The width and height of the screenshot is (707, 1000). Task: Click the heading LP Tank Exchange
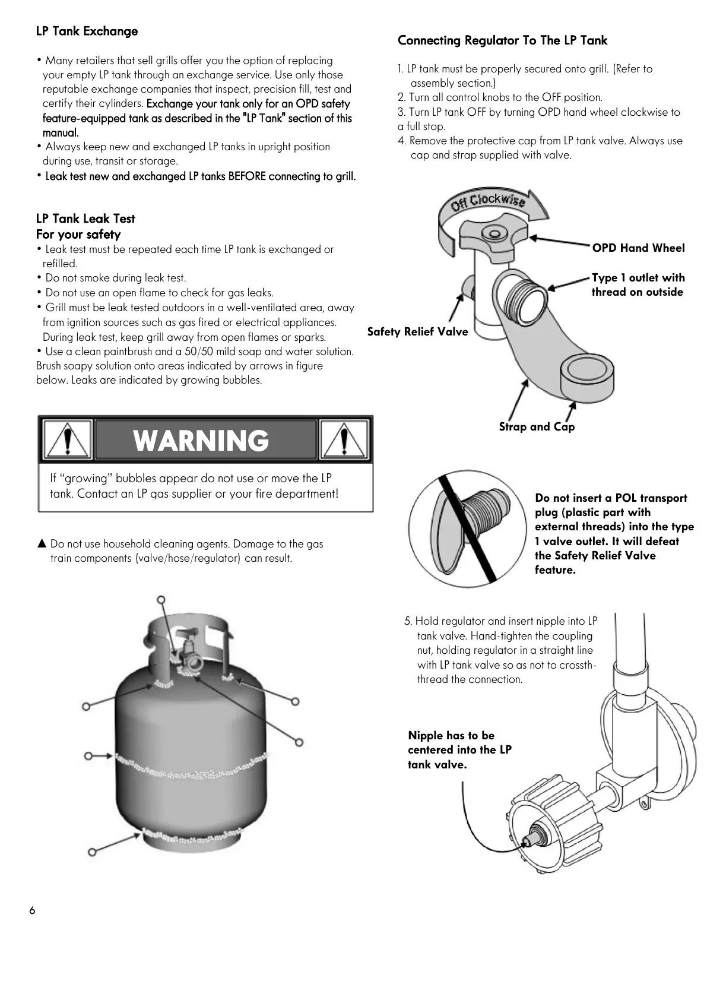pos(87,31)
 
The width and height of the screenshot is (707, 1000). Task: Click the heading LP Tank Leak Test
pos(85,219)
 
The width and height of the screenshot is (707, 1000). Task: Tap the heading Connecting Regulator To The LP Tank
pos(502,40)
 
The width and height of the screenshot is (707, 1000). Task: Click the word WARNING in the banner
pos(201,441)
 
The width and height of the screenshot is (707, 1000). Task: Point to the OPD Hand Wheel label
pos(638,248)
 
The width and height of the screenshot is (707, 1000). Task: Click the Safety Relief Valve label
pos(417,332)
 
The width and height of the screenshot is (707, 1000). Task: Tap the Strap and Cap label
pos(537,427)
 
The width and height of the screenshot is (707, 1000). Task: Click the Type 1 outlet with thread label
pos(638,285)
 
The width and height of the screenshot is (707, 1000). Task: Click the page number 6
pos(32,911)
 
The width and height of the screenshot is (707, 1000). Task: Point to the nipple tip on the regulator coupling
pos(527,841)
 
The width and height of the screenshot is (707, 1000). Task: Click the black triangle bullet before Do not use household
pos(42,543)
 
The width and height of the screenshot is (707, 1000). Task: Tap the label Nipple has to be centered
pos(459,750)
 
